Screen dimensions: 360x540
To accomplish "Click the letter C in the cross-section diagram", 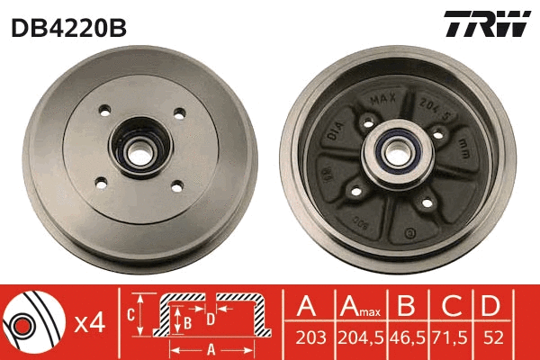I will point(131,315).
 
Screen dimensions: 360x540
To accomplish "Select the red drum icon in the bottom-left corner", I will point(32,322).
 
